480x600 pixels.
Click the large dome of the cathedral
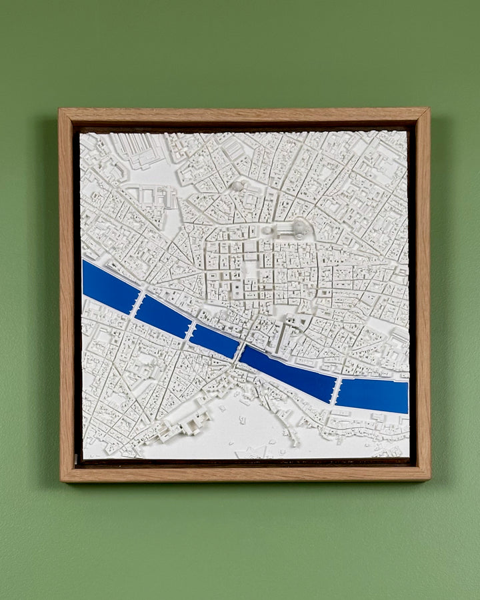tap(301, 228)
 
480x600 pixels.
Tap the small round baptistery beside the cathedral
tap(268, 230)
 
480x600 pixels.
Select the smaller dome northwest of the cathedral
tap(237, 186)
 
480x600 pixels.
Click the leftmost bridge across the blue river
tap(137, 305)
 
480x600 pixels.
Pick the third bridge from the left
tap(239, 351)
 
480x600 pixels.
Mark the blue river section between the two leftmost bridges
tap(164, 315)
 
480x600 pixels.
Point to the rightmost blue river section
tap(372, 395)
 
